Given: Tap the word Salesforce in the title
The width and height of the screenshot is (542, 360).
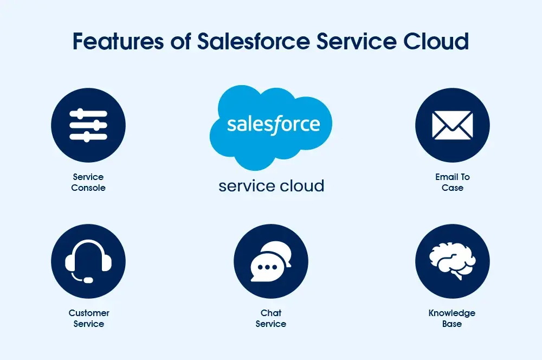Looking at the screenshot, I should [258, 42].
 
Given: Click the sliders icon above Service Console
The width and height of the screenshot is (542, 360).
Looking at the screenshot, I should [88, 125].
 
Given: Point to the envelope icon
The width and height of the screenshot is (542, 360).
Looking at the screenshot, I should [453, 125].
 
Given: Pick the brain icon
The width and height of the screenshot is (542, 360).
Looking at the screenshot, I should [453, 260].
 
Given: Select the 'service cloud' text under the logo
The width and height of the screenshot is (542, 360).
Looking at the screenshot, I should [271, 186].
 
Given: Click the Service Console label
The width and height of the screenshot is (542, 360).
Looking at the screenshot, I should [88, 182].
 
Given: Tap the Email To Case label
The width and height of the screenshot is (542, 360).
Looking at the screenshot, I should [453, 182].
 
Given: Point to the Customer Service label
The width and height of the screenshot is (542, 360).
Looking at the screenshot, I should [89, 318].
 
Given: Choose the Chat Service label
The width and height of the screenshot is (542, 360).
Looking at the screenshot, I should [271, 318].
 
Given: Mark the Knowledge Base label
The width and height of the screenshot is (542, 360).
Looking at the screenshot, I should [452, 318].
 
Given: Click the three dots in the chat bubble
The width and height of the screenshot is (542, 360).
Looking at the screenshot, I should [267, 267].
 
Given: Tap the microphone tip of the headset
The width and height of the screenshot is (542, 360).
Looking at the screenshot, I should [88, 280].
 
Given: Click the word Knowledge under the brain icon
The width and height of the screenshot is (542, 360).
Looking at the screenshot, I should [452, 313].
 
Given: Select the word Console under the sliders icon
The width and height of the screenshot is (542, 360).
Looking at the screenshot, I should [88, 188].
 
